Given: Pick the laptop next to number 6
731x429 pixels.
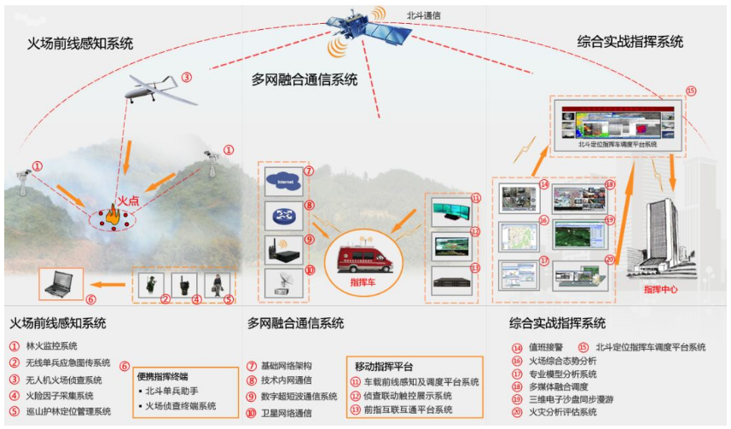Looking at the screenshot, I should pyautogui.click(x=61, y=284).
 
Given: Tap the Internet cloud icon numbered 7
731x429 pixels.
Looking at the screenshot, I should pyautogui.click(x=283, y=181).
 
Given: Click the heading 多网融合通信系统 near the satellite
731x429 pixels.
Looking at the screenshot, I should pyautogui.click(x=304, y=80).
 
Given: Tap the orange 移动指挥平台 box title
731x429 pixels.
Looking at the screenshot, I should pyautogui.click(x=383, y=364).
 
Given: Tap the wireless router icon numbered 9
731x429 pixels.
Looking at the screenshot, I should pyautogui.click(x=283, y=248).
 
